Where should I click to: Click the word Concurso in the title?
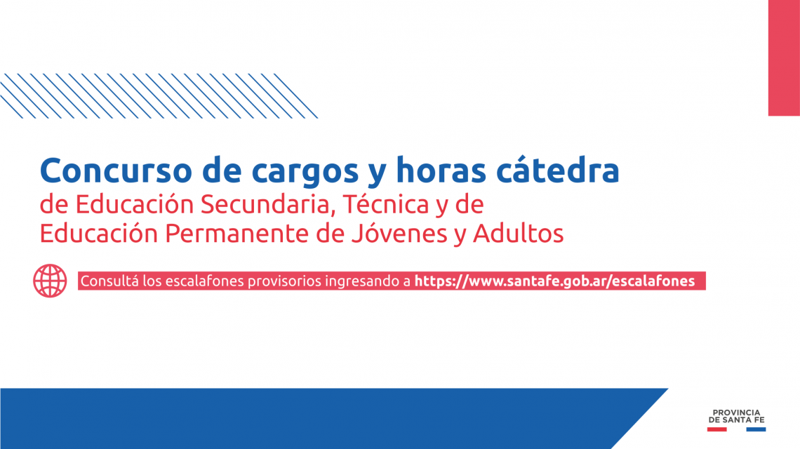[x=116, y=170]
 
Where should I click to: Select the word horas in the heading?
[x=441, y=170]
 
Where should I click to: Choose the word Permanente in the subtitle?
[x=236, y=234]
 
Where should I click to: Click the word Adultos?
[x=519, y=234]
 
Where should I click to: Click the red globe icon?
[x=50, y=281]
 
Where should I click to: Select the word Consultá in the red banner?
[x=109, y=281]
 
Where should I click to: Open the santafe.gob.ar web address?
[x=554, y=281]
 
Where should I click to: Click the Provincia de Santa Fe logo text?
[x=736, y=416]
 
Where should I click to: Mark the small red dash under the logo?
[x=716, y=429]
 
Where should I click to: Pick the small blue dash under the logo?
[x=756, y=429]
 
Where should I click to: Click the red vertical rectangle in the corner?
[x=784, y=58]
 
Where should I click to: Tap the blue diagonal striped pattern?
[x=158, y=96]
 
